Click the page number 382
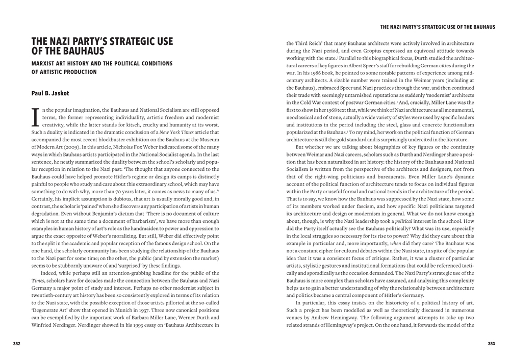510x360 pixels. [x=17, y=344]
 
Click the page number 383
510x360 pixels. [x=491, y=344]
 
